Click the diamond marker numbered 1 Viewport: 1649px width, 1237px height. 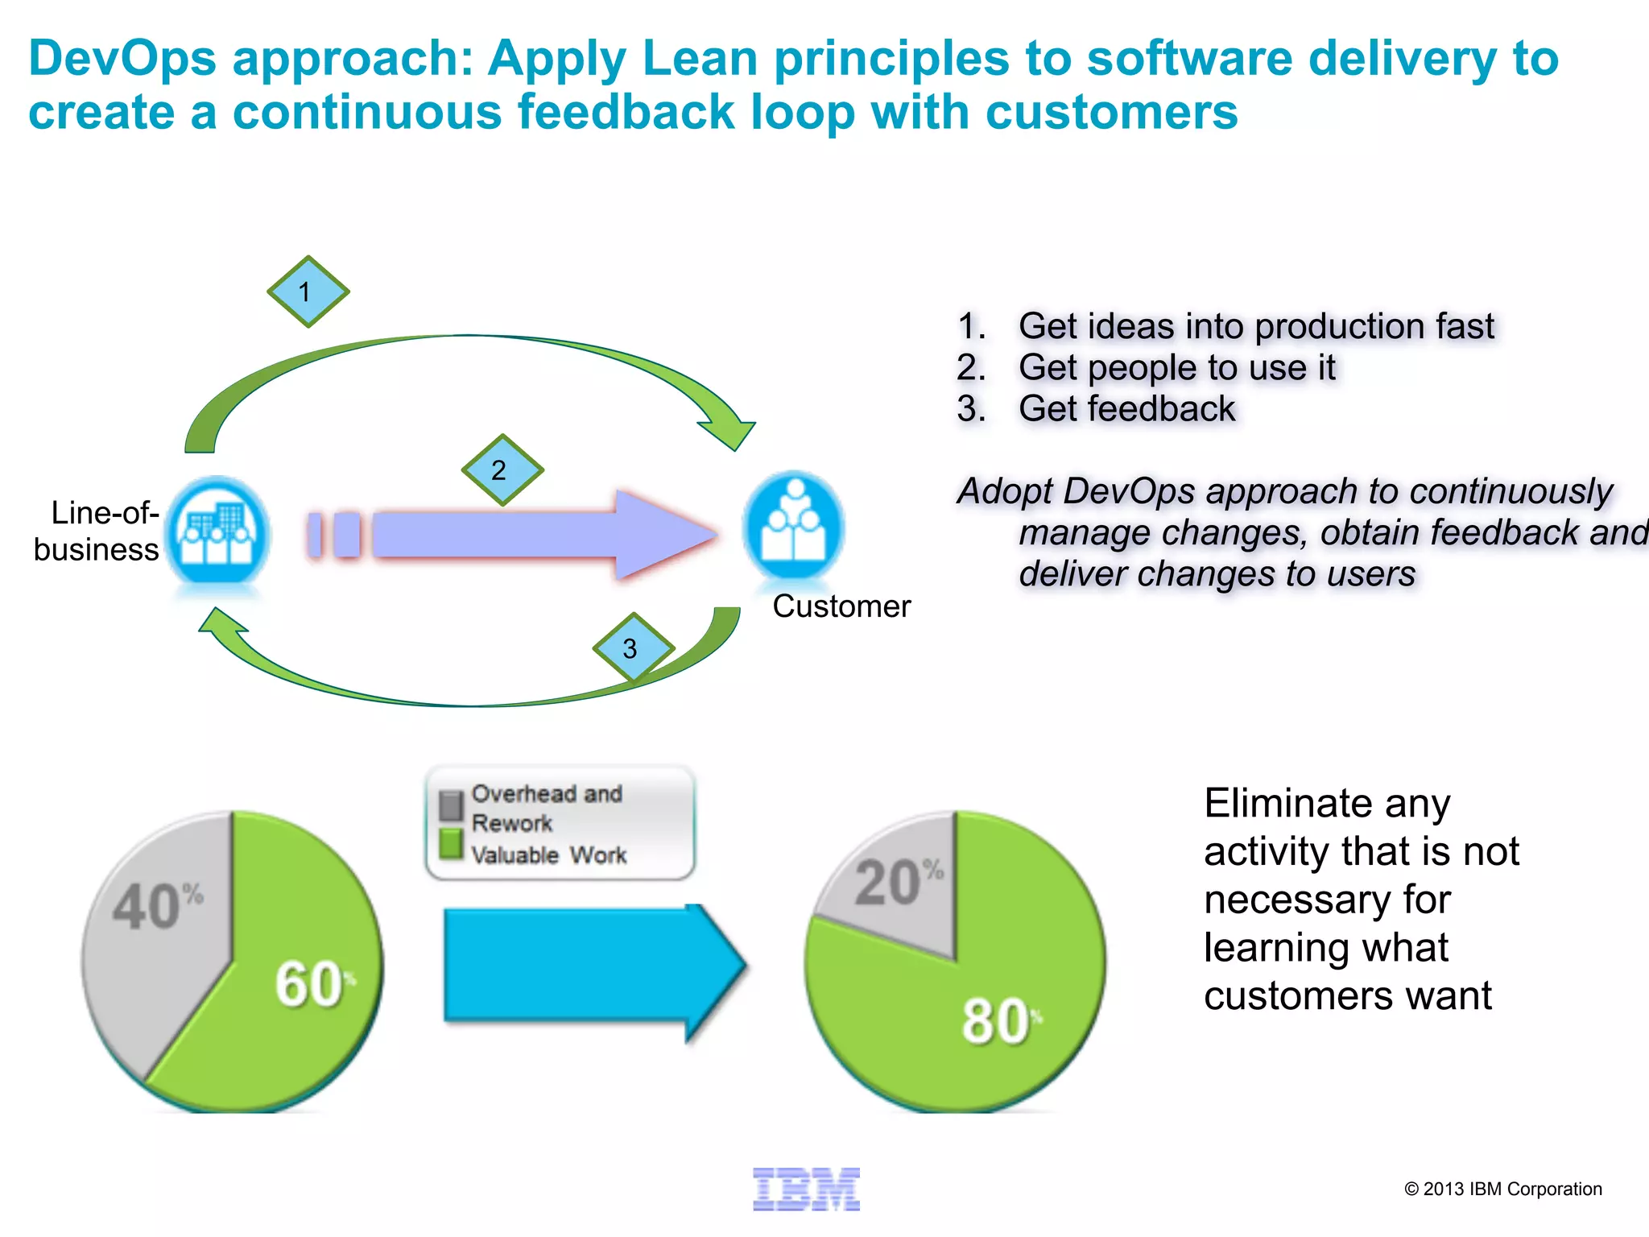308,292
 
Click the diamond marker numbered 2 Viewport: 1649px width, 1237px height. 502,470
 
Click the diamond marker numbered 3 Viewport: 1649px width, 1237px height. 632,648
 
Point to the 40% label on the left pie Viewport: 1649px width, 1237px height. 158,906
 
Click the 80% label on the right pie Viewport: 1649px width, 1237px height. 998,1021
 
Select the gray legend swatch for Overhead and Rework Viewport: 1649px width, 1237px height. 451,805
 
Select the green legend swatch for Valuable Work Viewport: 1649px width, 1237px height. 451,844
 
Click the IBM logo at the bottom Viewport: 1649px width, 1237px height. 806,1189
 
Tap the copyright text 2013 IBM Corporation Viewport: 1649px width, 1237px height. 1502,1189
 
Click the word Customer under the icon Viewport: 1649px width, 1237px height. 841,606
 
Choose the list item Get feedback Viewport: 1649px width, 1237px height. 1126,408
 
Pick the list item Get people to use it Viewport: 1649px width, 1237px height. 1176,367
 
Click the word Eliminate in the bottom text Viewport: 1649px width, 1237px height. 1327,803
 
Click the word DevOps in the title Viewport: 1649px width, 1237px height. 122,58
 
